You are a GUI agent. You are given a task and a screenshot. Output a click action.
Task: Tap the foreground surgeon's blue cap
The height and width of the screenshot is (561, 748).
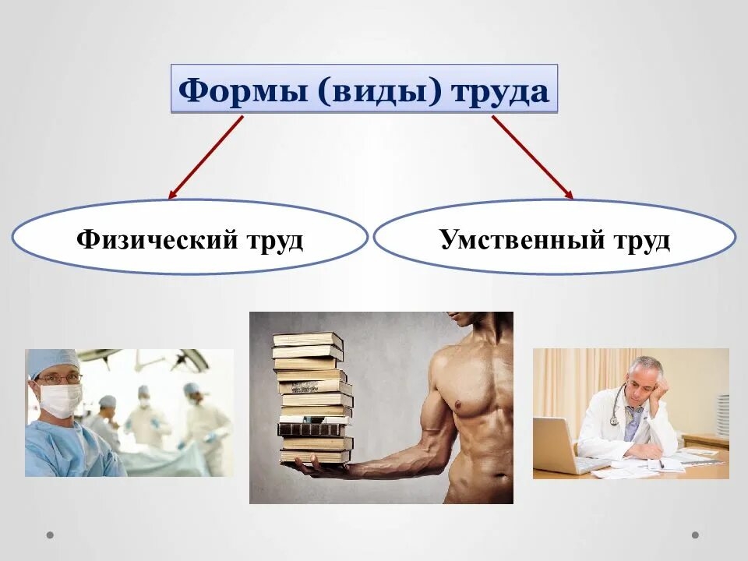(51, 362)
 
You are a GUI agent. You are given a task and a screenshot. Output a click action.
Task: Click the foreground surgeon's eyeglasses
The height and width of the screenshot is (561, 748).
(61, 379)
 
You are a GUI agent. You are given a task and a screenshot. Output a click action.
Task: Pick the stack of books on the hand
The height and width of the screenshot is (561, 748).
(312, 397)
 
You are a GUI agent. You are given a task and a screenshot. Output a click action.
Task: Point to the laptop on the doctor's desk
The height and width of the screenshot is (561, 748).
(559, 446)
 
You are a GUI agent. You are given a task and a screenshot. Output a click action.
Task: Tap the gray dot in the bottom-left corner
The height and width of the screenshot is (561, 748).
(51, 535)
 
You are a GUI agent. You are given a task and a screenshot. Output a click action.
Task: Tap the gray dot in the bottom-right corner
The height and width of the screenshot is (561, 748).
(695, 535)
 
